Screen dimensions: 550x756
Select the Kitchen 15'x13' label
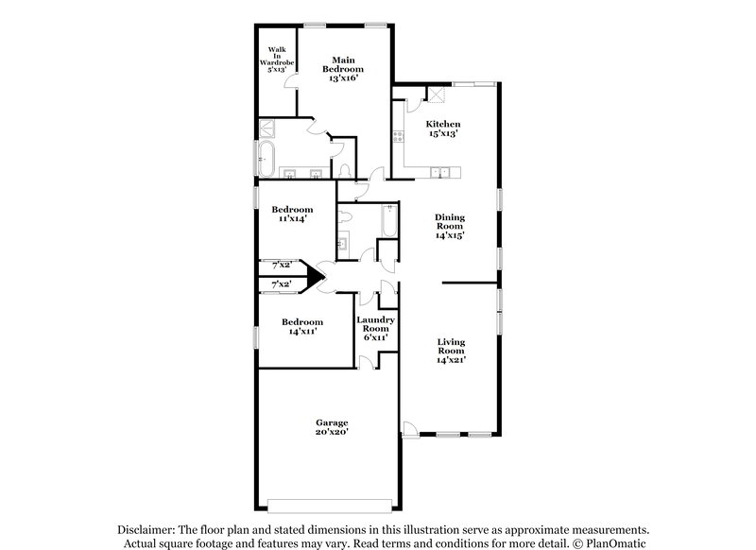coord(442,129)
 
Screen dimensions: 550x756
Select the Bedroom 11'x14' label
coord(292,214)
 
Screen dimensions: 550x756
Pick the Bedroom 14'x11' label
coord(302,326)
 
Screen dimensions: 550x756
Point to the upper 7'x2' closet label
coord(282,266)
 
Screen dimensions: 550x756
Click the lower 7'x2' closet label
coord(282,284)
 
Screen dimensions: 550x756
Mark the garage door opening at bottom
coord(328,502)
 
